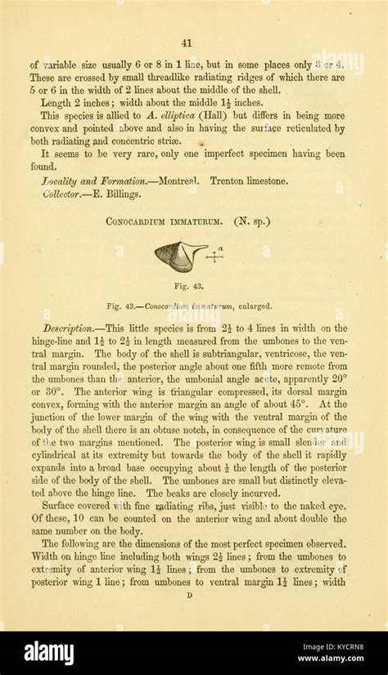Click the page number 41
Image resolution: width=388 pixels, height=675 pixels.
[x=187, y=43]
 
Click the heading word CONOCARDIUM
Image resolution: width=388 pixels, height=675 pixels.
[x=142, y=221]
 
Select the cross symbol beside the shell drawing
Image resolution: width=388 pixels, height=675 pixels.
[x=214, y=257]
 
